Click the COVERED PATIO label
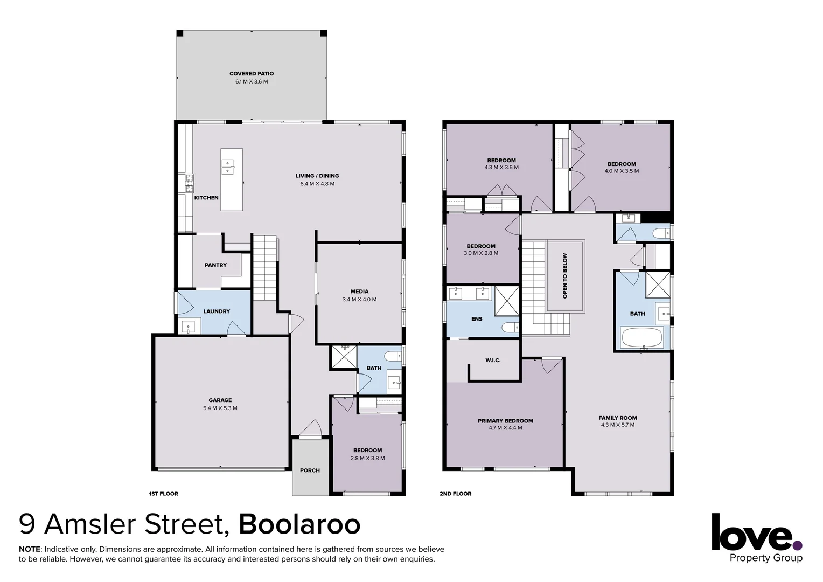[x=252, y=74]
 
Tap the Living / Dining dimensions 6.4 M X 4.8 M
[x=317, y=184]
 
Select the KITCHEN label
[x=206, y=198]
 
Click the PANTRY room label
[x=215, y=265]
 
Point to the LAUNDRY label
[x=217, y=311]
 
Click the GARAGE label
[x=220, y=400]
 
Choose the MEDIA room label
[x=359, y=292]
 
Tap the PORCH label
[x=310, y=470]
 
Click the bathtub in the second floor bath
[x=642, y=338]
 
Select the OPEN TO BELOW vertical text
[x=565, y=276]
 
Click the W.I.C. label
[x=493, y=360]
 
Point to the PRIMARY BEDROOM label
[x=505, y=421]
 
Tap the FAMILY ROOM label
[x=617, y=418]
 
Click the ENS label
[x=477, y=319]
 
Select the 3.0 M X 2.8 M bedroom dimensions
[x=481, y=253]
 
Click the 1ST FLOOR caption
[x=163, y=494]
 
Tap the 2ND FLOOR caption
[x=456, y=494]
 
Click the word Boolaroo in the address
[x=299, y=524]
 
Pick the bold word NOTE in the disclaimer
[x=30, y=549]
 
